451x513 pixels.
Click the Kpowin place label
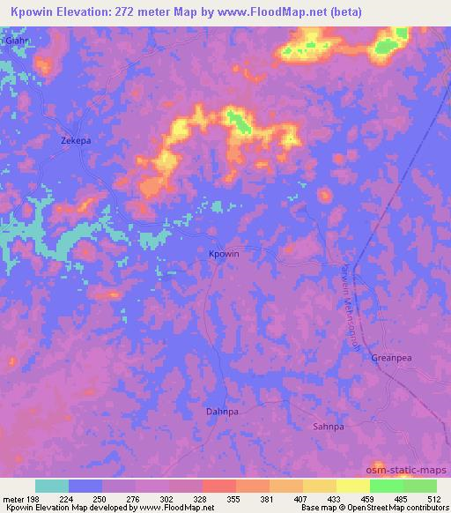click(223, 254)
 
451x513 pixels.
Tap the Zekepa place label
click(75, 140)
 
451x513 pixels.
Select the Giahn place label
click(15, 41)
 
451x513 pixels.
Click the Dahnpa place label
click(221, 411)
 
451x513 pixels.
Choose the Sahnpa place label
click(327, 426)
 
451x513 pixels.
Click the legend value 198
click(36, 498)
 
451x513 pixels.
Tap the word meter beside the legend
click(14, 498)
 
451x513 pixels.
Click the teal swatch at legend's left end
click(52, 486)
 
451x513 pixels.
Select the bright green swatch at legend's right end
click(419, 486)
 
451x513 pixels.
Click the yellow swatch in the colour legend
click(319, 486)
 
